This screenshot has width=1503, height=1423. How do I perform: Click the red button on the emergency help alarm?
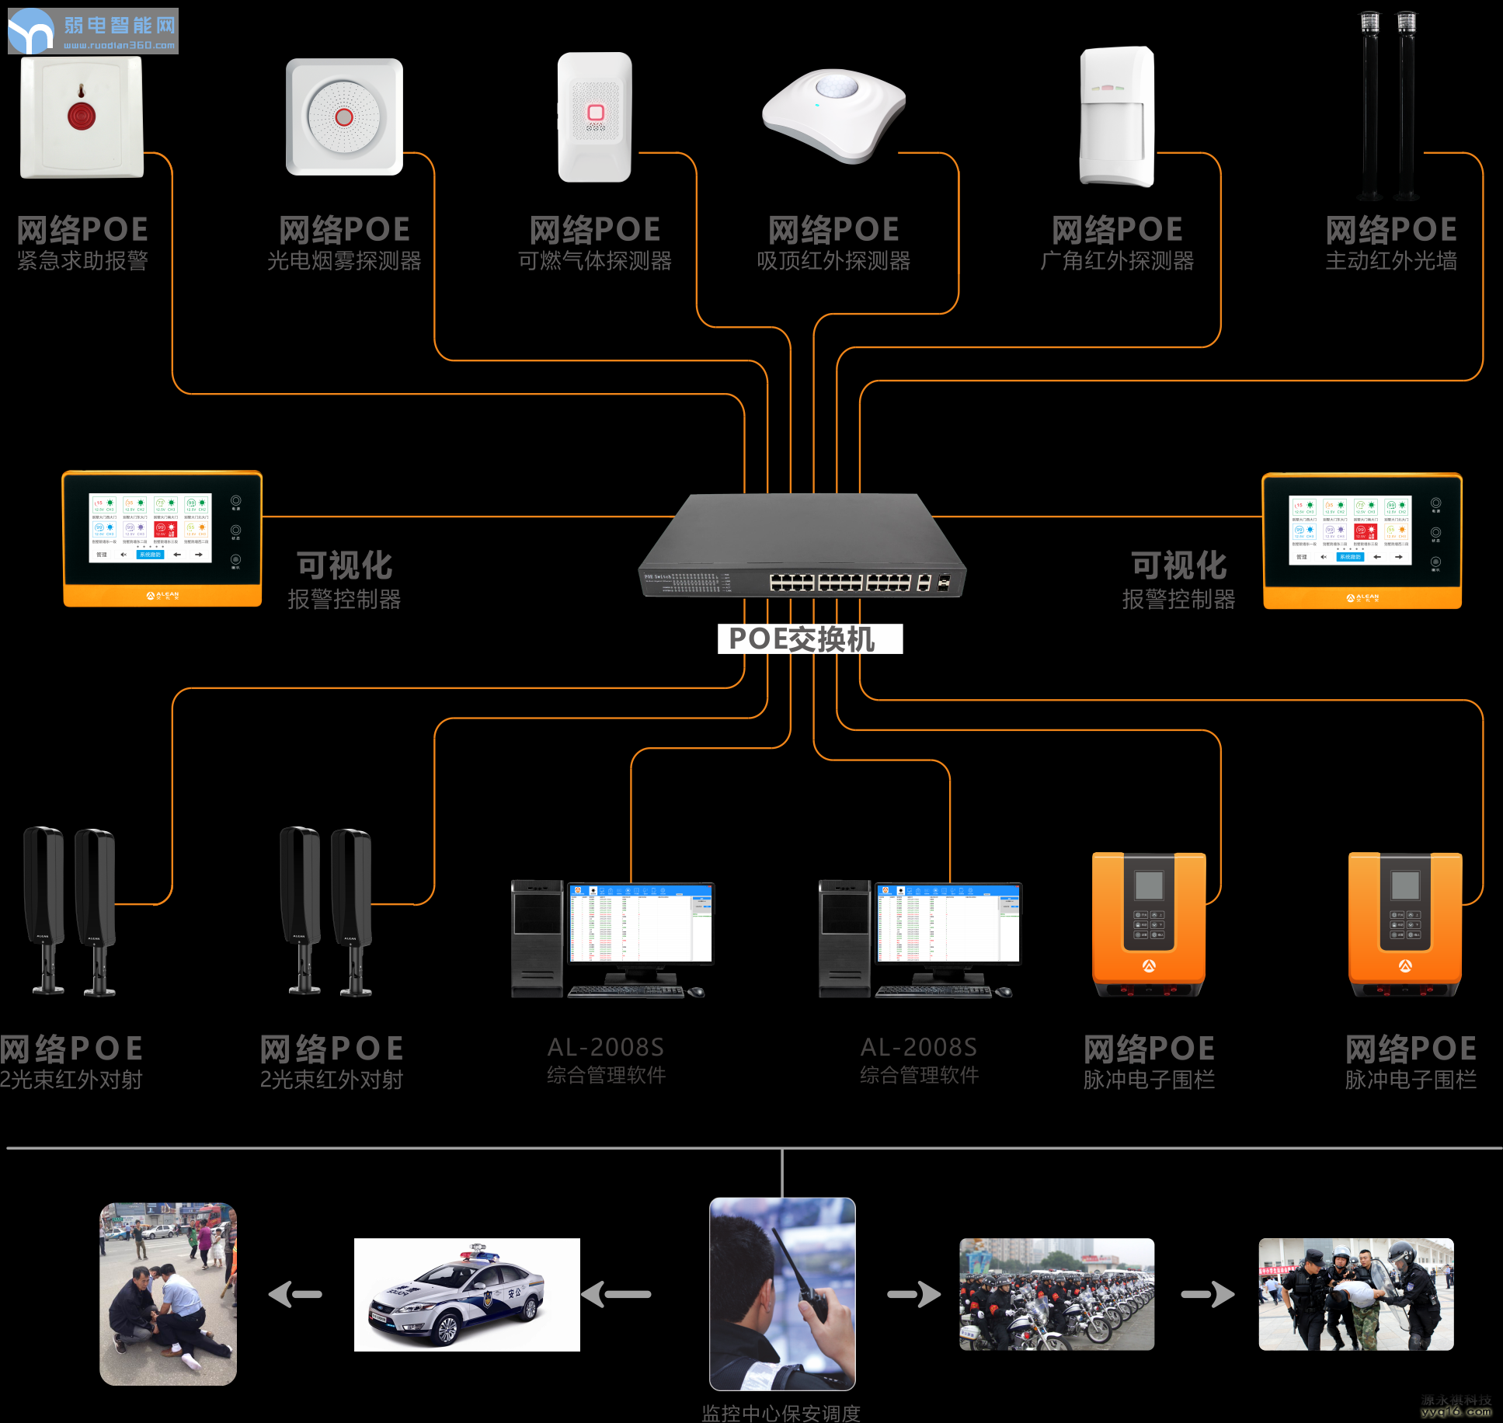point(81,116)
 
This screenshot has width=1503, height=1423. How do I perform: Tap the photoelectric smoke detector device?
point(344,117)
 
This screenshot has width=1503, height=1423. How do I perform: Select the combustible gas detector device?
point(595,117)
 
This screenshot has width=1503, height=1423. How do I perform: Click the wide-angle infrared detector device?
point(1117,117)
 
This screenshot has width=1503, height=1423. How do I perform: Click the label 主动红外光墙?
point(1390,261)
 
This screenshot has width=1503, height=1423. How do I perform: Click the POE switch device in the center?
point(802,547)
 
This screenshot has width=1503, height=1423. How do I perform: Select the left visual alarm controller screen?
point(150,527)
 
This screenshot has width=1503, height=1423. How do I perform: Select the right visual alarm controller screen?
point(1350,530)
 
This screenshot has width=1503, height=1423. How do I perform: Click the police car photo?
point(467,1294)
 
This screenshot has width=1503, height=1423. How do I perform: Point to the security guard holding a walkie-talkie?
point(782,1293)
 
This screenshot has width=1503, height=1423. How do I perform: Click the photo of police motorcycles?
point(1056,1294)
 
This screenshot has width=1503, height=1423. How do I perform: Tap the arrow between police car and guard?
point(616,1294)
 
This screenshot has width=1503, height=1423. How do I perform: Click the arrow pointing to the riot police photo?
point(1208,1294)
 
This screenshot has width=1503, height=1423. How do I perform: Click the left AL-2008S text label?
point(606,1047)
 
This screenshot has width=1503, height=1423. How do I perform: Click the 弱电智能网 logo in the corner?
point(93,31)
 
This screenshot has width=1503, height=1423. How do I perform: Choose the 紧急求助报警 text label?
point(82,261)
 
